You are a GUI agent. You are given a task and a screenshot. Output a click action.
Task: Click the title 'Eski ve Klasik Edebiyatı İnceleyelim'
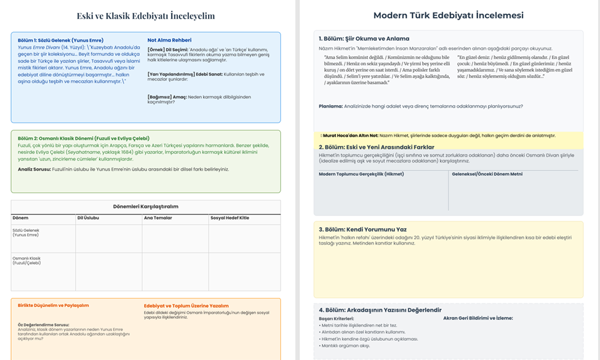(x=146, y=16)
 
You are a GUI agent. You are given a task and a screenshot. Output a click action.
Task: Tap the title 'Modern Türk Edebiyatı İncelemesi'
(x=449, y=15)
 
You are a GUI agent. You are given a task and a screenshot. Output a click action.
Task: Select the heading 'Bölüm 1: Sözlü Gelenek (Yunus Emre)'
(x=60, y=40)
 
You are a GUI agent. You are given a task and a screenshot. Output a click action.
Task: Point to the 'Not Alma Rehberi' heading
(x=169, y=40)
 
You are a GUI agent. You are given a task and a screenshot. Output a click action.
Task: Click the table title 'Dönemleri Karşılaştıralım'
(x=146, y=206)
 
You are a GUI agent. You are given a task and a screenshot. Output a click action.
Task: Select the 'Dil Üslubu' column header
(x=88, y=218)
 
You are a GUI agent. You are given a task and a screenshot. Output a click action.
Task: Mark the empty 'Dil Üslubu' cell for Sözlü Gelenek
(x=108, y=238)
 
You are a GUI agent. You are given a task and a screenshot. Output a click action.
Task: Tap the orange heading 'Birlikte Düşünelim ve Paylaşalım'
(x=54, y=305)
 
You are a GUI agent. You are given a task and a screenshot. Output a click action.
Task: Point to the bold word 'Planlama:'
(x=331, y=106)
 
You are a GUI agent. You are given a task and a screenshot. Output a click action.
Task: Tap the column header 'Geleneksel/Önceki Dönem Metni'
(x=487, y=174)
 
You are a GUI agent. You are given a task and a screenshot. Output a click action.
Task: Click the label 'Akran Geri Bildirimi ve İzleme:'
(x=478, y=318)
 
